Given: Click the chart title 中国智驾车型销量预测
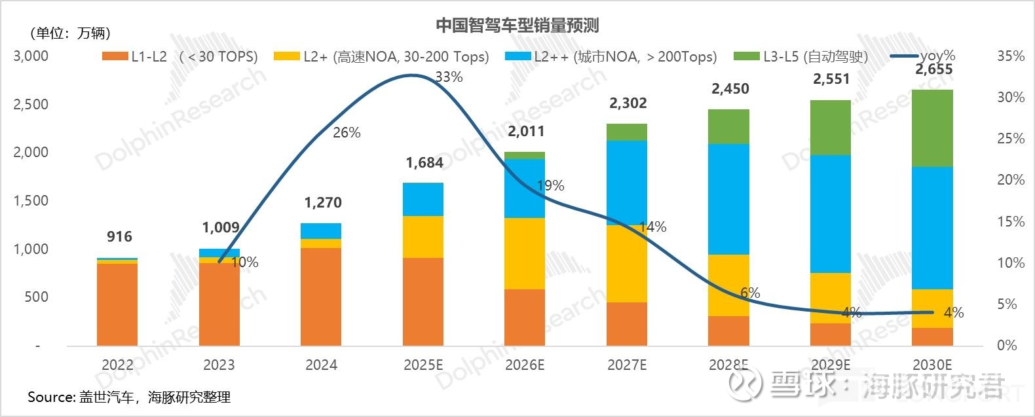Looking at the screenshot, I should pos(517,26).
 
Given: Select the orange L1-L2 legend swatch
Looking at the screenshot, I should pos(115,57).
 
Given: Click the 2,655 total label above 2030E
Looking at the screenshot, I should pos(933,69).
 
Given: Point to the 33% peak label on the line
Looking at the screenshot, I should pos(449,77).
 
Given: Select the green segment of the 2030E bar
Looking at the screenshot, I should pos(933,128).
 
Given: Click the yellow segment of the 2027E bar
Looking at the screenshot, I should pos(627,263).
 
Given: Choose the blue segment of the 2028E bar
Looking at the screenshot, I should pos(729,199).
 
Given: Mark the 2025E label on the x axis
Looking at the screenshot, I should pos(423,365).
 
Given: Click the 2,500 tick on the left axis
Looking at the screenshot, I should pos(31,104).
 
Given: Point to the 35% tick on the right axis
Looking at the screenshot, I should pos(1010,56).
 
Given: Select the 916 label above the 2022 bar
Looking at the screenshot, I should pos(119,236).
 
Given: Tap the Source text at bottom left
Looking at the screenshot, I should pos(129,397).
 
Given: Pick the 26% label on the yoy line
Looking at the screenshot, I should pos(347,133).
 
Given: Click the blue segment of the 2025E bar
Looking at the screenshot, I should pos(423,199).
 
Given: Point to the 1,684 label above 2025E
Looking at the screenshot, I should pos(424,162).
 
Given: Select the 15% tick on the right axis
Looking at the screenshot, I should pos(1010,221).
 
